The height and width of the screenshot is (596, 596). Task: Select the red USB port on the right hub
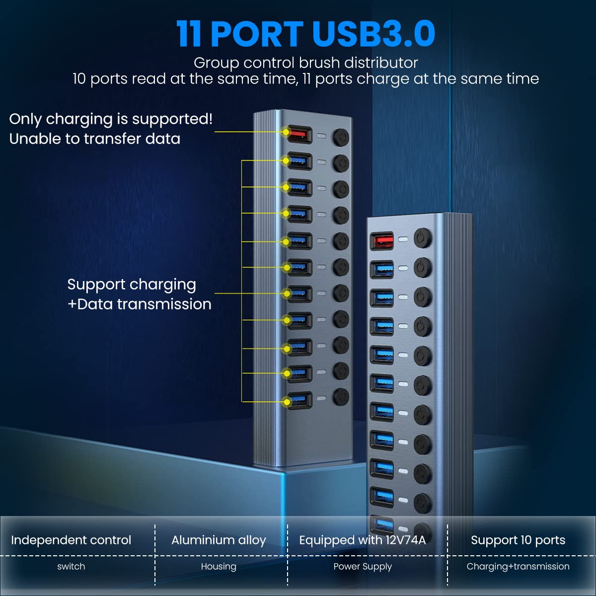[x=382, y=241]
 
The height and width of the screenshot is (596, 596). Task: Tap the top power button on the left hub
[x=341, y=137]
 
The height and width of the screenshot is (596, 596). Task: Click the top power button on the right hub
[x=422, y=238]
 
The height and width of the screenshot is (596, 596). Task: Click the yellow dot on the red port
[x=286, y=132]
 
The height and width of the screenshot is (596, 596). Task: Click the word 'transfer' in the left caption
[x=113, y=139]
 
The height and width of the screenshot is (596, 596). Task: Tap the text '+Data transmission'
[x=139, y=304]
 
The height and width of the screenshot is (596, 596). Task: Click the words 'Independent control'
[x=71, y=540]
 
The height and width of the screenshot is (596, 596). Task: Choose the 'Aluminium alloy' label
[x=219, y=540]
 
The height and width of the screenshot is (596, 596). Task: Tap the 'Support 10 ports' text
[x=518, y=540]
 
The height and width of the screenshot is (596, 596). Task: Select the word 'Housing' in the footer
[x=219, y=566]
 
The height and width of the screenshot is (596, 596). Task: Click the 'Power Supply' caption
[x=363, y=566]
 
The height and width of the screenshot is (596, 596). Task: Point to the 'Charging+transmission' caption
[x=518, y=566]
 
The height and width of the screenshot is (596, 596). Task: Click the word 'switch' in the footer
[x=71, y=566]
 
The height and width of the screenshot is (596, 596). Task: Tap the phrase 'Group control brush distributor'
[x=305, y=63]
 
